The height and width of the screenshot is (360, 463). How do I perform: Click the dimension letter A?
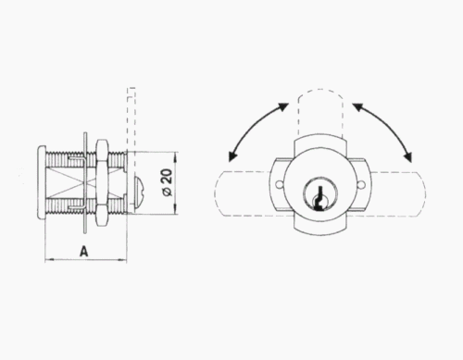83,251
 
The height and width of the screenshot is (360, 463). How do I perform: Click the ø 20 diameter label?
168,182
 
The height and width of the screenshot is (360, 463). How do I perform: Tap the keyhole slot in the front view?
320,199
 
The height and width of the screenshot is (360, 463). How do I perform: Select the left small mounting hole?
279,185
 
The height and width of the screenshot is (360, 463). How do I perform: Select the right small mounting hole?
361,185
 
